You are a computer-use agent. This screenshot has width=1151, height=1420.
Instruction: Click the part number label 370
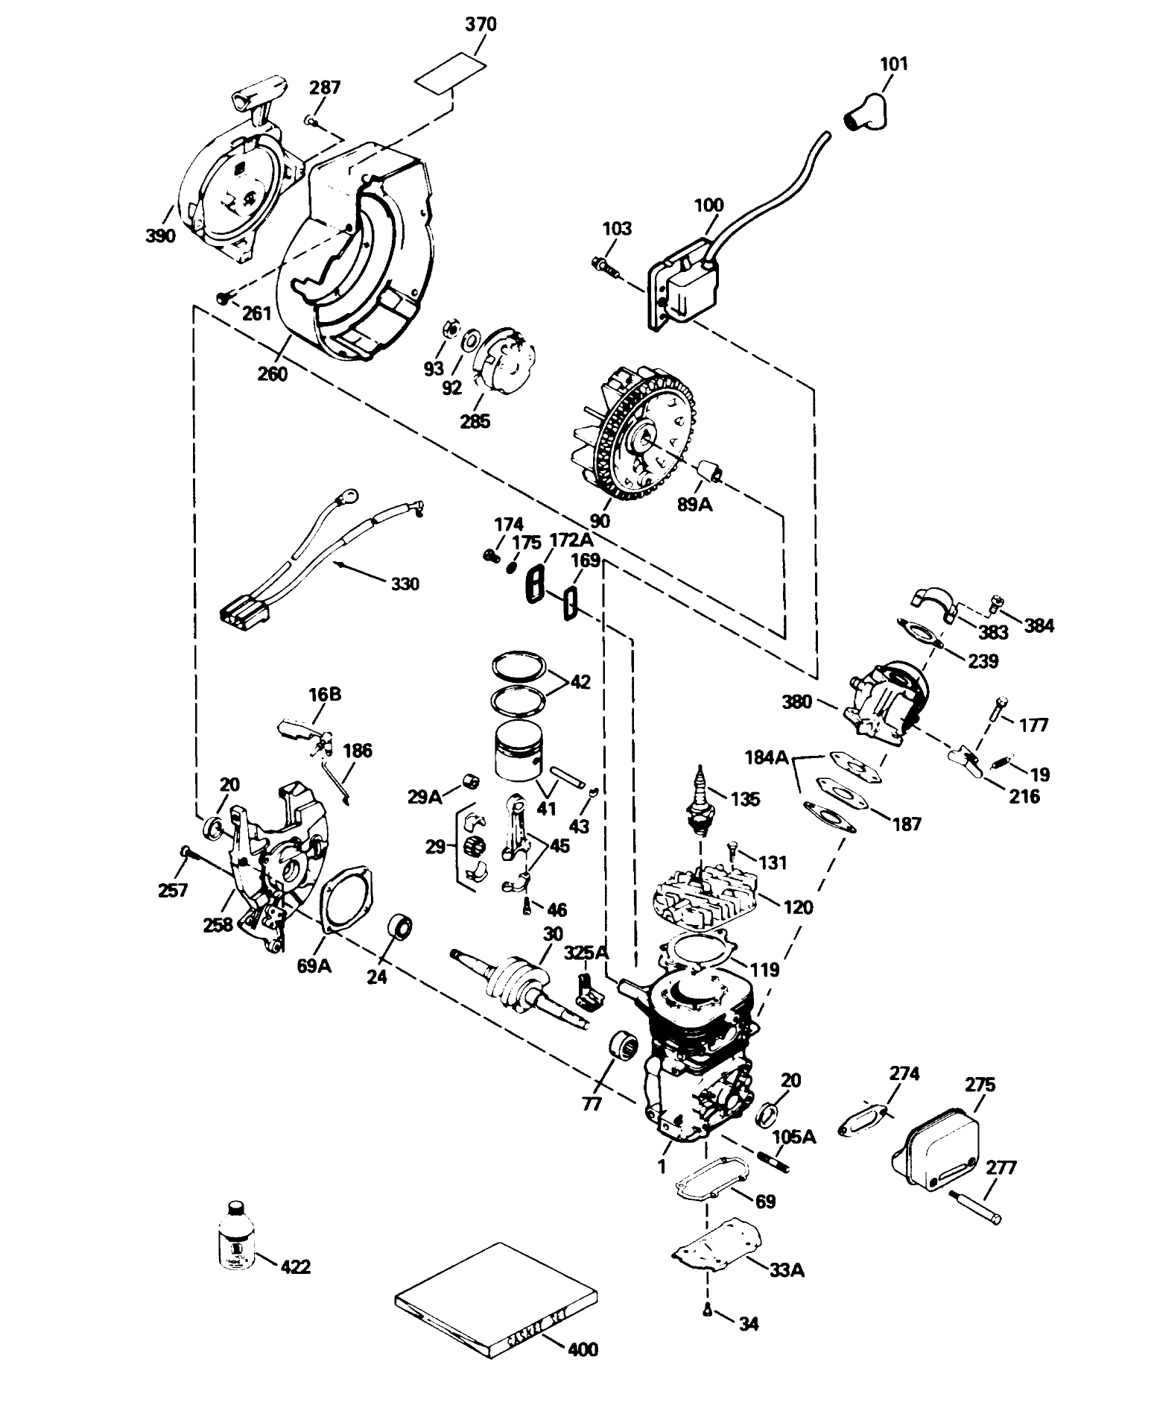tap(481, 25)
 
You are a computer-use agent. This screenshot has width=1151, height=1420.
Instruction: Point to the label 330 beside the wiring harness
tap(405, 583)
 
